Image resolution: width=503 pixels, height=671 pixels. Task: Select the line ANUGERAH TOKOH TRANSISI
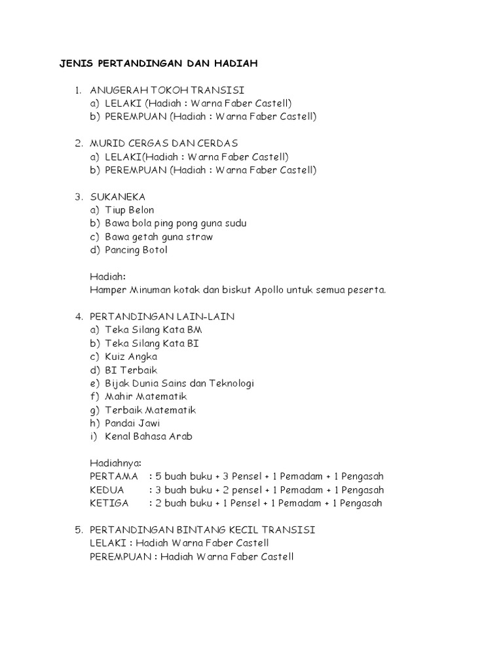[x=167, y=90]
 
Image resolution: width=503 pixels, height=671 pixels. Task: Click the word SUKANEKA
[x=118, y=197]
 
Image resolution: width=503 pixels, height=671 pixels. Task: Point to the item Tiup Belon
[x=130, y=210]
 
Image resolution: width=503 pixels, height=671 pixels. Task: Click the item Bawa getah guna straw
[x=158, y=237]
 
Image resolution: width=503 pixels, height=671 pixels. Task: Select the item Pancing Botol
[x=136, y=250]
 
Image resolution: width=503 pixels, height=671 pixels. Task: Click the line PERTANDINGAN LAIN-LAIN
[x=162, y=317]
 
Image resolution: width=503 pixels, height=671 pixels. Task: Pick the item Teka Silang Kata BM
[x=153, y=330]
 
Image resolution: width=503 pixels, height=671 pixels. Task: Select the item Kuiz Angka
[x=131, y=357]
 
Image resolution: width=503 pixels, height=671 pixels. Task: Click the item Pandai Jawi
[x=132, y=423]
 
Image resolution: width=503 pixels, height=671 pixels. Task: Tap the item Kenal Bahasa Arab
[x=149, y=436]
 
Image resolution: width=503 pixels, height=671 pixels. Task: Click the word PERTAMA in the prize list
[x=114, y=476]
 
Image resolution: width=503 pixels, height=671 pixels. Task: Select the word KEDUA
[x=106, y=490]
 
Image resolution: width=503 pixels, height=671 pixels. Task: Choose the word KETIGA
[x=109, y=503]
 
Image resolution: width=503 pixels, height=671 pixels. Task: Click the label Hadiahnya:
[x=115, y=463]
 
